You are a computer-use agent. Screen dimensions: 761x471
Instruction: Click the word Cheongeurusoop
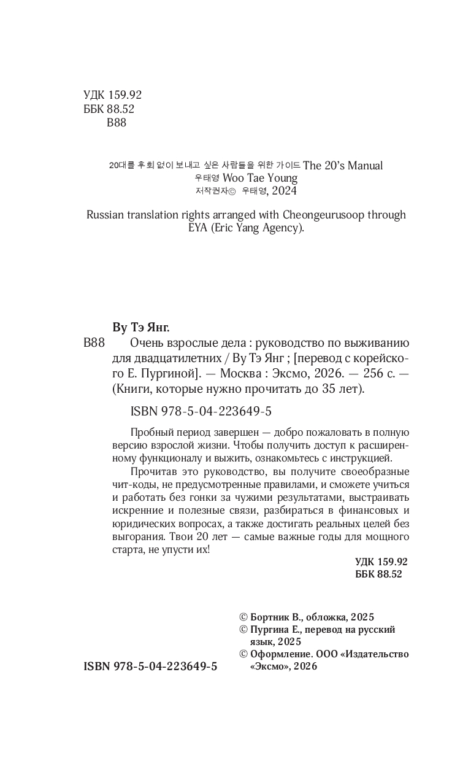tap(321, 215)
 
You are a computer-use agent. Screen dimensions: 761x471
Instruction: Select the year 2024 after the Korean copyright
tap(283, 191)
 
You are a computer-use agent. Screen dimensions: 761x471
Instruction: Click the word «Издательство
tap(377, 654)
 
